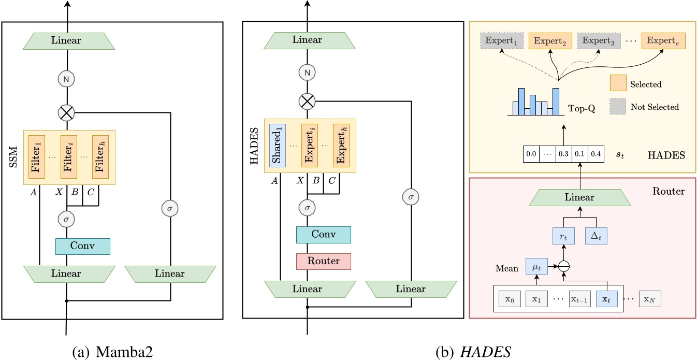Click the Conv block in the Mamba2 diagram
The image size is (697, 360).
(83, 247)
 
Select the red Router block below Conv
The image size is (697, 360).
(324, 261)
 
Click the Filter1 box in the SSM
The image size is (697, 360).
(37, 156)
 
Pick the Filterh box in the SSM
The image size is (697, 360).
(100, 156)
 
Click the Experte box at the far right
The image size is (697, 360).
(663, 40)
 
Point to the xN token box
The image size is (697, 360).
(650, 299)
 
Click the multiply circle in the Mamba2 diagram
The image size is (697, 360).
(67, 111)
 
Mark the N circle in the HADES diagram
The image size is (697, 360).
(307, 73)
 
